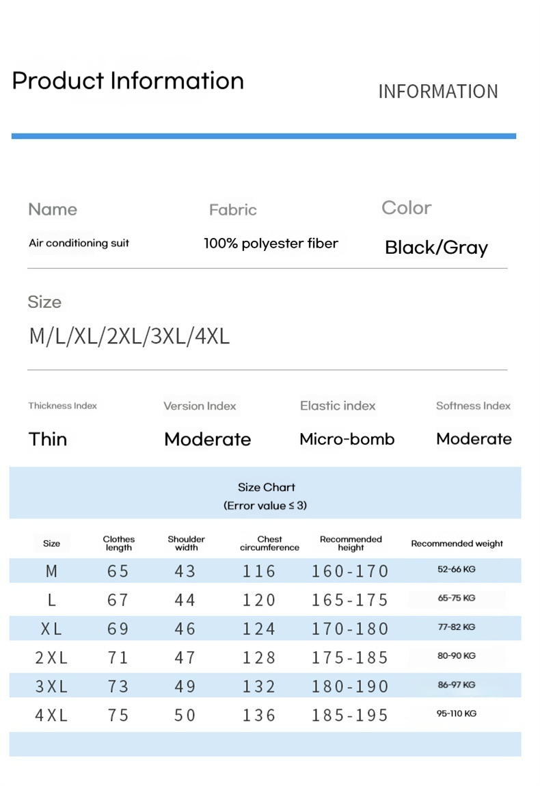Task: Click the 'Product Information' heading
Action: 128,81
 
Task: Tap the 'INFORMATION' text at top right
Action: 438,92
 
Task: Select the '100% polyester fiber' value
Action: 271,244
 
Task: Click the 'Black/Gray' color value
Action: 436,248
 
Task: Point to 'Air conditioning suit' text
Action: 79,244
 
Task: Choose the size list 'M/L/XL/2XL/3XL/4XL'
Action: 129,337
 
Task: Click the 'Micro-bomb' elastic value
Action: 347,439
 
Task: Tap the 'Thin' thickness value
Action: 48,439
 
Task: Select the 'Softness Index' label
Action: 473,406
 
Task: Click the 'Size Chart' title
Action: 267,488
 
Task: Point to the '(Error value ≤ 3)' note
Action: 265,506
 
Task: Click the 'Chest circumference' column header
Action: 269,543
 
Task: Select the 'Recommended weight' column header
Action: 457,544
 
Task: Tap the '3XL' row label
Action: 51,686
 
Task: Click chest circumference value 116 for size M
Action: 259,571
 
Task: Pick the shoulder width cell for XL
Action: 185,629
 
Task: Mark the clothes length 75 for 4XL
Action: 118,716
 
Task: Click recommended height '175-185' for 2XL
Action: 350,657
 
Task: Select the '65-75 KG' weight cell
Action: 457,598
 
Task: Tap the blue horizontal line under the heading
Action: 264,136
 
